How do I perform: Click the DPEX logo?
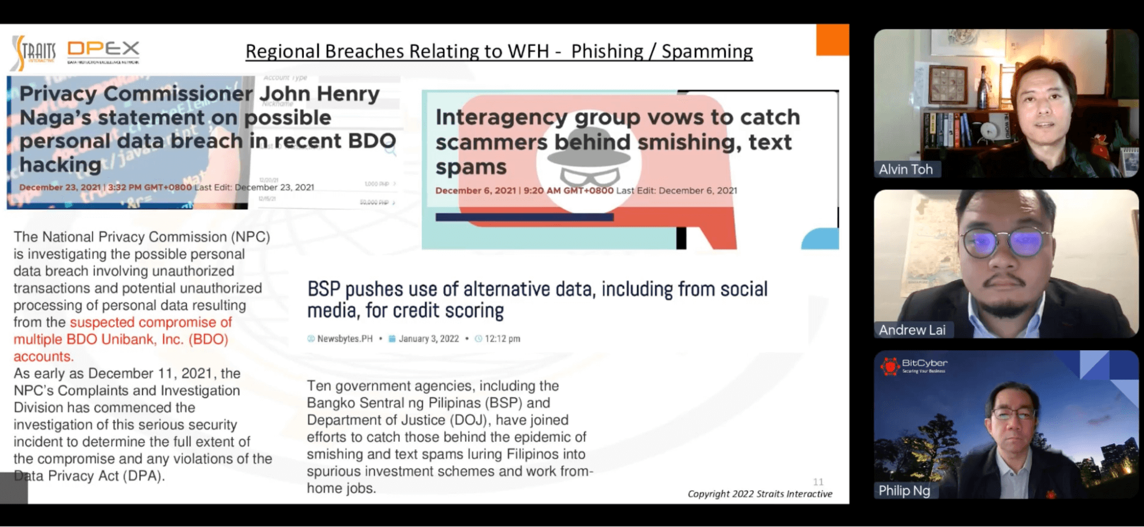tap(103, 50)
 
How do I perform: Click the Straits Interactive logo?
tap(33, 51)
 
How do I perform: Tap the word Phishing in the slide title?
tap(607, 51)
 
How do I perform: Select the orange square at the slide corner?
tap(833, 39)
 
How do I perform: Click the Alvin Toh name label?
tap(905, 169)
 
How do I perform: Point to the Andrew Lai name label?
tap(912, 330)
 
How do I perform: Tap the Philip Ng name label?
tap(904, 490)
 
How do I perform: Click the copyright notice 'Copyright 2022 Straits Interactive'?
tap(759, 494)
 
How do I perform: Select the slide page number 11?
tap(818, 482)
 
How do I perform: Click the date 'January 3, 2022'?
tap(429, 339)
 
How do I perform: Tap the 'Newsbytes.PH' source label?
tap(345, 339)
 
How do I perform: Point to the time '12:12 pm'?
tap(502, 339)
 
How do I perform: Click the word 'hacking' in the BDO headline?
tap(60, 165)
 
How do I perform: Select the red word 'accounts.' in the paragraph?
tap(43, 356)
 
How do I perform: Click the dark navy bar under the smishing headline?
tap(524, 217)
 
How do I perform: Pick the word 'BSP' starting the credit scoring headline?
tap(324, 290)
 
